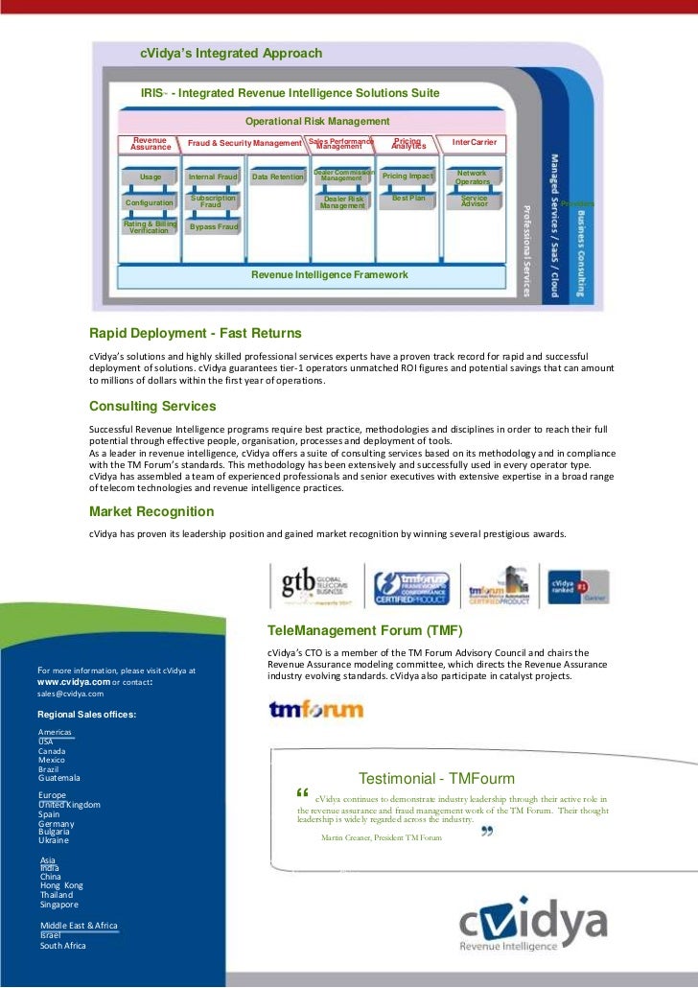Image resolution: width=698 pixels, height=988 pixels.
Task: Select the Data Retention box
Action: coord(277,177)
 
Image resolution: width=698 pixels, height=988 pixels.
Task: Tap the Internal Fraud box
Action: coord(213,177)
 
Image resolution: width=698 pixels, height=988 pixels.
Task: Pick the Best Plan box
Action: coord(408,199)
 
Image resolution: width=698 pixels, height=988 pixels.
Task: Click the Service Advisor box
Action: coord(474,201)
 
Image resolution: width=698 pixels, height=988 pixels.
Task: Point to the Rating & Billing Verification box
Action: coord(150,226)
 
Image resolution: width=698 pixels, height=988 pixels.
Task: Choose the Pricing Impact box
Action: coord(407,176)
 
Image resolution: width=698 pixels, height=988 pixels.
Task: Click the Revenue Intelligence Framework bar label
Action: coord(329,275)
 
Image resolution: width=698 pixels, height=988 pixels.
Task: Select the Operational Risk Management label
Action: coord(317,122)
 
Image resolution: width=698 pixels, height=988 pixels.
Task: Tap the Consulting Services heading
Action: coord(152,406)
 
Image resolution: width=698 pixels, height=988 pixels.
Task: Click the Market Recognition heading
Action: coord(151,511)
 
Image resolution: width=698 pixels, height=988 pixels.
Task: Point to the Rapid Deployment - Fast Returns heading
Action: coord(196,333)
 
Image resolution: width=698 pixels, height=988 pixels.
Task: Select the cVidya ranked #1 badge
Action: coord(575,583)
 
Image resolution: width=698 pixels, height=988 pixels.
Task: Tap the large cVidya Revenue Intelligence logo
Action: coord(532,928)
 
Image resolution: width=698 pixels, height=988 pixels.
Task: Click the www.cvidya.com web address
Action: coord(73,681)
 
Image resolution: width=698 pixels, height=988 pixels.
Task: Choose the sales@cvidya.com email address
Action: coord(70,693)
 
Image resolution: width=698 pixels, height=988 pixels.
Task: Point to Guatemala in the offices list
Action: coord(59,778)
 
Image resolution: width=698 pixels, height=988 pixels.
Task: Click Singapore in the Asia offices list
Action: coord(59,905)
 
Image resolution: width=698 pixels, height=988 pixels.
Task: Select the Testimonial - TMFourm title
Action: coord(436,779)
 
